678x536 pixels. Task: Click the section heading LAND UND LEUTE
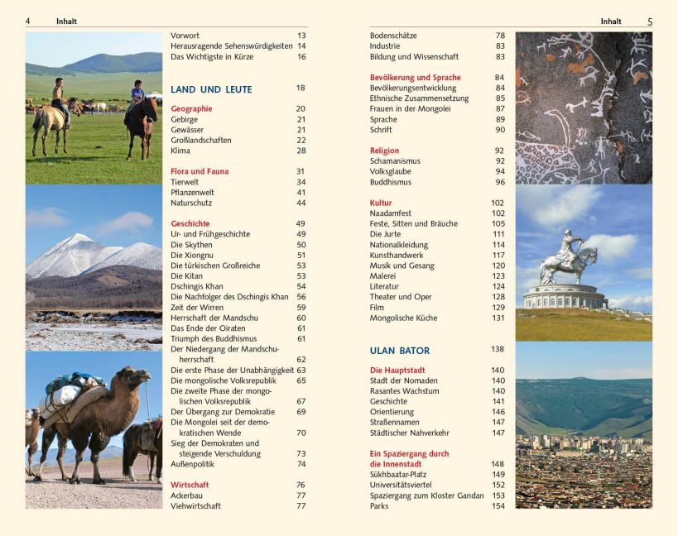[x=211, y=89]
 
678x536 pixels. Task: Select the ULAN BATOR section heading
[x=400, y=350]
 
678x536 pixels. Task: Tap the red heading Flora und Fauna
[x=200, y=171]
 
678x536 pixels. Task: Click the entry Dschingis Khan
[x=197, y=286]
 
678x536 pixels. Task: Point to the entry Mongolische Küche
[x=403, y=318]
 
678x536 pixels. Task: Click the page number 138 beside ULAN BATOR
[x=497, y=349]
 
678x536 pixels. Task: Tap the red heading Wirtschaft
[x=190, y=485]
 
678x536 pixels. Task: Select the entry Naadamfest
[x=391, y=213]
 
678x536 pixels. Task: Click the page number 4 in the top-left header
[x=28, y=22]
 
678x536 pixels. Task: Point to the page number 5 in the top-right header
[x=650, y=22]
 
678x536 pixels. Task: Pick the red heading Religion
[x=384, y=151]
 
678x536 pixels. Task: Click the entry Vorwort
[x=185, y=36]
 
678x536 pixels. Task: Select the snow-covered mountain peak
[x=76, y=242]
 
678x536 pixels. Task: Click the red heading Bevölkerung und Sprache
[x=415, y=78]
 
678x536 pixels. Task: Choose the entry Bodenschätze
[x=393, y=36]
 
